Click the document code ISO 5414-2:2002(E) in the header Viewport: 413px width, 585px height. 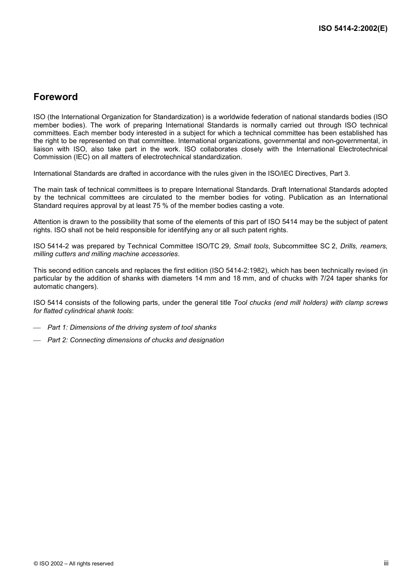(353, 29)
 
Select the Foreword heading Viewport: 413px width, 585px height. (56, 97)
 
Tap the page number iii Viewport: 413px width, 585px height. (386, 563)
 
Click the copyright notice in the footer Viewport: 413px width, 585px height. (73, 564)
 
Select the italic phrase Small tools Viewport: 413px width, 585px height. (251, 246)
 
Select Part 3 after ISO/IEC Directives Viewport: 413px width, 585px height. (339, 174)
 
